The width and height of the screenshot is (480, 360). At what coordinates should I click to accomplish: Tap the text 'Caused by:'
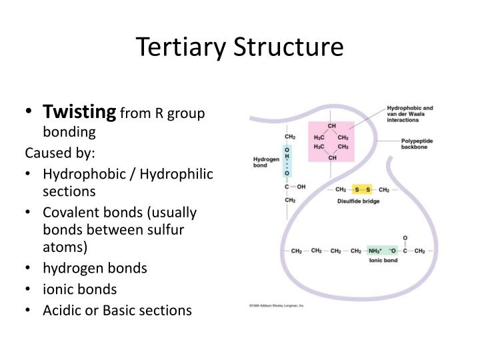61,153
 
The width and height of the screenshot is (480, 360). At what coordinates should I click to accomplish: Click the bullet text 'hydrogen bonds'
95,268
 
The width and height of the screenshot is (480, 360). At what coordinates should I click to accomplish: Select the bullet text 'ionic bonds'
79,289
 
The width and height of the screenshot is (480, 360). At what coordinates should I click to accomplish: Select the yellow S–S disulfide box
363,189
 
